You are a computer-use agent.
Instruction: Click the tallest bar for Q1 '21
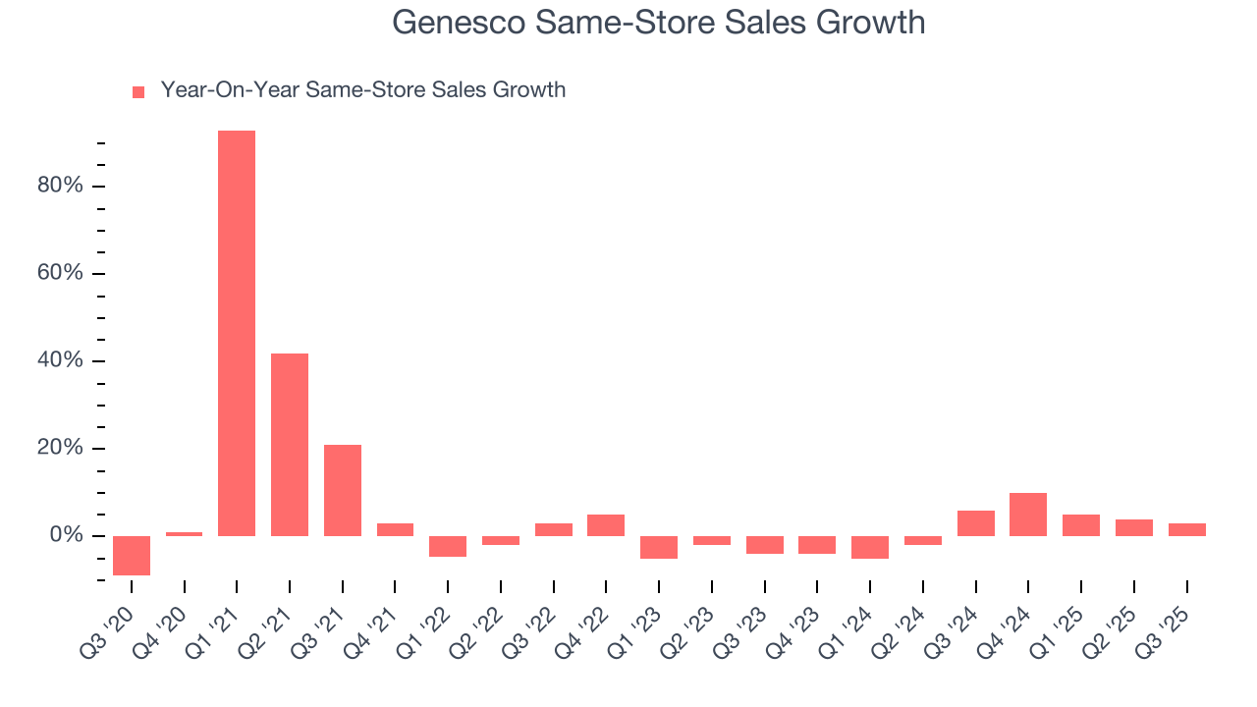[x=237, y=333]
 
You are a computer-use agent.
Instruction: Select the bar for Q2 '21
[x=290, y=444]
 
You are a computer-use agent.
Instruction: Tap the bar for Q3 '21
[x=343, y=490]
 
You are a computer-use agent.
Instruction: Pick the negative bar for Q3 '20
[x=132, y=556]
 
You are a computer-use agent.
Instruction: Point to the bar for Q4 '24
[x=1028, y=514]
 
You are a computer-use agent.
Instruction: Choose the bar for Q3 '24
[x=976, y=522]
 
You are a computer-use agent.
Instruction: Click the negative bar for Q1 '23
[x=659, y=547]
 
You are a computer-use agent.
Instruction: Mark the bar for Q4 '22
[x=606, y=525]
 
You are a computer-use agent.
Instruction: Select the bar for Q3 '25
[x=1187, y=529]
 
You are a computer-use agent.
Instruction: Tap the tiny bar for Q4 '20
[x=184, y=533]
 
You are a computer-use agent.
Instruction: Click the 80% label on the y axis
[x=61, y=186]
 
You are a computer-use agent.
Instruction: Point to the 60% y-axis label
[x=61, y=273]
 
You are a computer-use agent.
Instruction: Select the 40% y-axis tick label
[x=61, y=360]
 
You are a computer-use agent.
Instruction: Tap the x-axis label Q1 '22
[x=431, y=619]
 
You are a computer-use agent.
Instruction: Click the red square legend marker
[x=138, y=91]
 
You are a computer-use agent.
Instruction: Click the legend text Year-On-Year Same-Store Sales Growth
[x=363, y=90]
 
